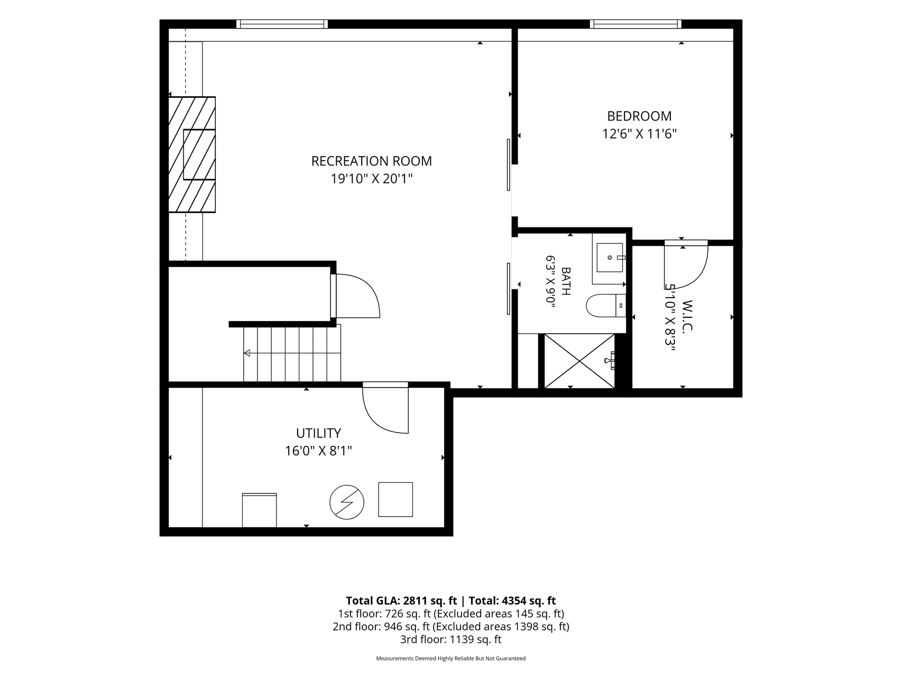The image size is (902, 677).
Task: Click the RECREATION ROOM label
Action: [x=371, y=161]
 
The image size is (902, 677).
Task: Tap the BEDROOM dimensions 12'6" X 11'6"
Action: [x=639, y=133]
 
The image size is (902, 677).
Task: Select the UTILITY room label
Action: [x=318, y=433]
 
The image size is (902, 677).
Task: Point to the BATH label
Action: [x=566, y=281]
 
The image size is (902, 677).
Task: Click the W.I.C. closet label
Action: [x=687, y=316]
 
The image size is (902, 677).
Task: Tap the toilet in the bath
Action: [x=606, y=305]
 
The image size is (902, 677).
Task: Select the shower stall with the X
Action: [x=580, y=361]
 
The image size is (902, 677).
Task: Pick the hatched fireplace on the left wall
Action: [x=191, y=154]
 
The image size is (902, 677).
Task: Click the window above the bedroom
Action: [x=636, y=24]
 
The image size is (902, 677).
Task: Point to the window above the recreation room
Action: [x=282, y=24]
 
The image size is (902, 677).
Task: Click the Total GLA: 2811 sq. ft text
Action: [x=401, y=600]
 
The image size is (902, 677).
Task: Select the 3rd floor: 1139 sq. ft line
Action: [x=451, y=639]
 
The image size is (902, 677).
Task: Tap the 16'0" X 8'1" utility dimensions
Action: [x=318, y=451]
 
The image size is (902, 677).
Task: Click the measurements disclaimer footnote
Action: [x=451, y=658]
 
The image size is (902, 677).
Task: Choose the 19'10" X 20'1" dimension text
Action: [x=371, y=179]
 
